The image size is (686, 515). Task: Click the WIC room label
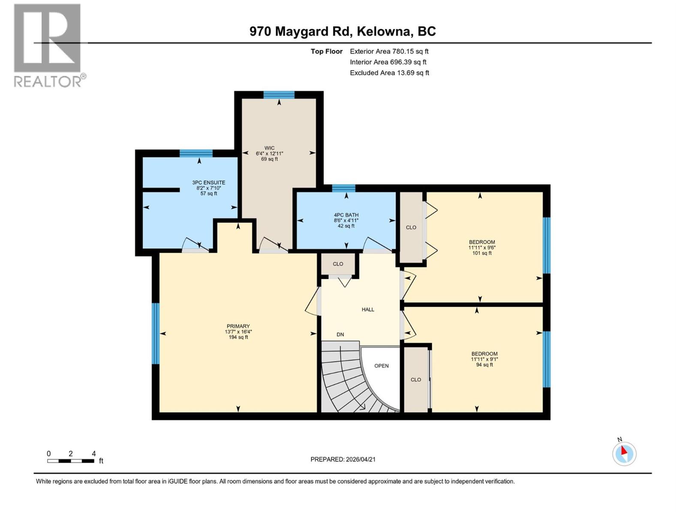269,148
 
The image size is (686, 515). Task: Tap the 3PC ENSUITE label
208,183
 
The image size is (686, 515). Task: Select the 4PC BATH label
346,215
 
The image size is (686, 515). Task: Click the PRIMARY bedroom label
238,327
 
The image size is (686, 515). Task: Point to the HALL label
368,309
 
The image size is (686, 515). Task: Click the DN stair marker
340,335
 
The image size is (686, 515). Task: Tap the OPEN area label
381,366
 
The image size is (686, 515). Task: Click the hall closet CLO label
338,264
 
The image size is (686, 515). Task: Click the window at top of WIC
279,95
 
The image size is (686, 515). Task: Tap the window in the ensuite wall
196,153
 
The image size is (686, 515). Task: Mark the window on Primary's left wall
156,333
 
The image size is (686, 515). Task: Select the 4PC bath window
343,188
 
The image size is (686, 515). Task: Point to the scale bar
71,461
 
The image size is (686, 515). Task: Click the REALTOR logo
48,45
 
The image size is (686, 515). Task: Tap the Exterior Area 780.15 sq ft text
389,51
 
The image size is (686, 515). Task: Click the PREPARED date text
343,459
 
